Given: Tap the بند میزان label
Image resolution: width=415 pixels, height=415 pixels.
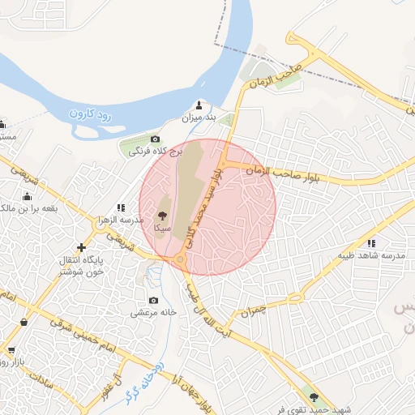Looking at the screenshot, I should [x=199, y=118].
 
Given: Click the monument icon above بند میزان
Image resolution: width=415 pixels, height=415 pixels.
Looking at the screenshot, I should [x=200, y=105].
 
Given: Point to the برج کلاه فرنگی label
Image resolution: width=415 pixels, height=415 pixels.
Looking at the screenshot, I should [x=162, y=152].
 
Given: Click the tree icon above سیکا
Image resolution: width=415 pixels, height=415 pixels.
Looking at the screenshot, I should [x=162, y=216].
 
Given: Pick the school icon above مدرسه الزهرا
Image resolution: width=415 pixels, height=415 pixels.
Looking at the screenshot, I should [x=121, y=208].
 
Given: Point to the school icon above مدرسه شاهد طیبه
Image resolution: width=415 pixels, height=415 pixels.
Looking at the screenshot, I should [x=371, y=242].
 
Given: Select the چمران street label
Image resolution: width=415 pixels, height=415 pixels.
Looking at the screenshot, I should [x=253, y=310].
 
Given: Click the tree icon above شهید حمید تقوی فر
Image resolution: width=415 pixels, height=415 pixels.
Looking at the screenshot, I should [x=313, y=398].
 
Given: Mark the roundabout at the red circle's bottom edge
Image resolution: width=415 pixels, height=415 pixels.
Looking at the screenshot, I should [x=180, y=259].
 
